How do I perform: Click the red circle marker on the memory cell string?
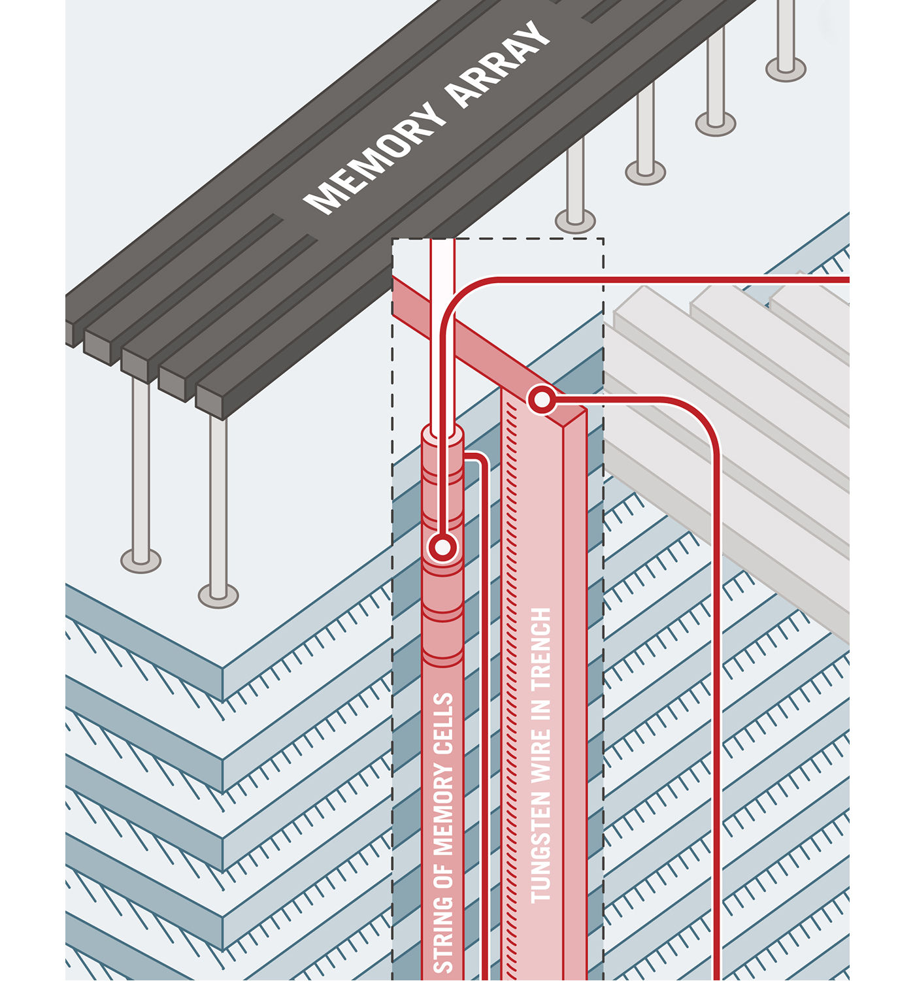click(x=442, y=548)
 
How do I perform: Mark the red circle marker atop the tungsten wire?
click(x=542, y=399)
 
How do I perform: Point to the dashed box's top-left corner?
click(x=393, y=239)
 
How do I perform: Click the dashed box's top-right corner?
click(x=603, y=239)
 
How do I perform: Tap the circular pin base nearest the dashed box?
click(x=575, y=221)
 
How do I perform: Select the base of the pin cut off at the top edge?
click(x=786, y=68)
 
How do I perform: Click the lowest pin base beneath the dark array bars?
click(x=218, y=595)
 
